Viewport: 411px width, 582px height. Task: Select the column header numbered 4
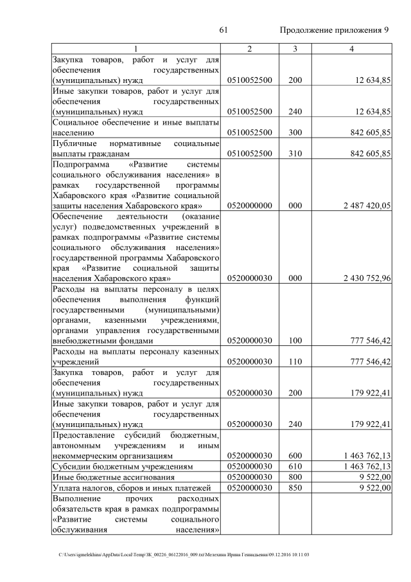click(x=351, y=49)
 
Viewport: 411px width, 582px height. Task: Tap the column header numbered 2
click(x=250, y=49)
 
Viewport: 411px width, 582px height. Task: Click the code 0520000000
click(x=250, y=206)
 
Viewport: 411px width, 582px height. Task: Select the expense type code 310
click(x=295, y=154)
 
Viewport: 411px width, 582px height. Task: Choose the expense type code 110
click(x=295, y=362)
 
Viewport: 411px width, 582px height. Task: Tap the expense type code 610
click(x=295, y=466)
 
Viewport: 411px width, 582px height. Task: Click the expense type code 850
click(x=295, y=488)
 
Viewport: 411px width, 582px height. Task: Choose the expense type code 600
click(x=295, y=455)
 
